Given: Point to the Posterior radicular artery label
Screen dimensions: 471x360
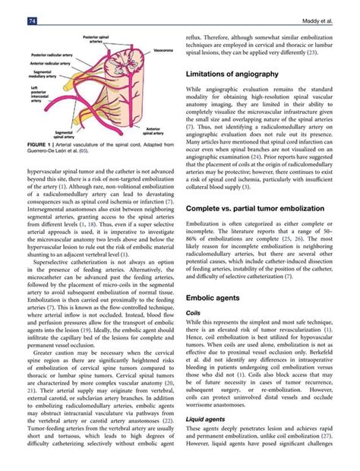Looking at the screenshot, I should click(51, 55).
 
